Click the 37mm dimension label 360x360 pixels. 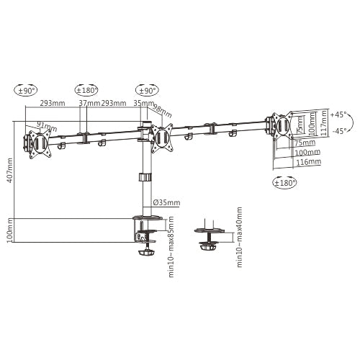coord(89,103)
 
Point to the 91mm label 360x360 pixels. coord(45,127)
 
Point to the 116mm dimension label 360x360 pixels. coord(307,163)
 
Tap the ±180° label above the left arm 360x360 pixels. coord(86,90)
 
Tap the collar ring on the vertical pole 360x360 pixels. coord(145,176)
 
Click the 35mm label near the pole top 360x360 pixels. coord(140,103)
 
